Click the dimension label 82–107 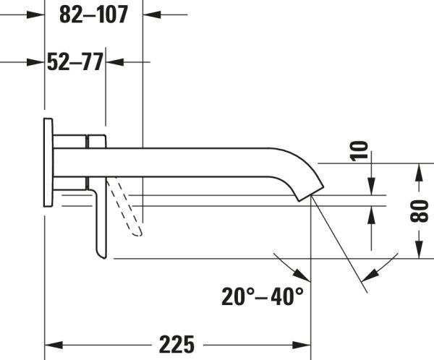coord(93,14)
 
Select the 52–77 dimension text coord(75,62)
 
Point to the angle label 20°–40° coord(263,296)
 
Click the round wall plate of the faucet coord(48,162)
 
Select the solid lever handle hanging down coord(99,220)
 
